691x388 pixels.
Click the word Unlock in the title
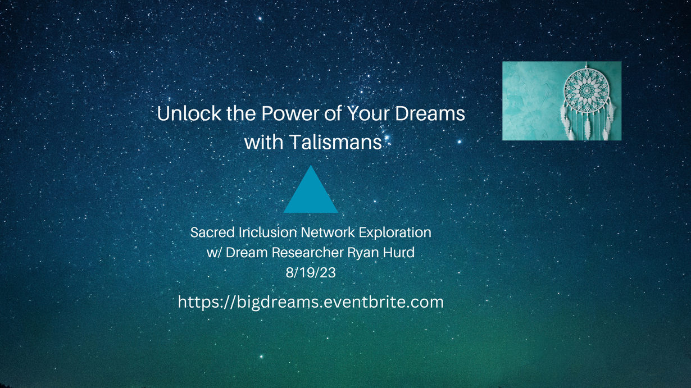(189, 113)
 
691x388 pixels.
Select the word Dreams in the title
(430, 113)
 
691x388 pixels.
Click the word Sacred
(212, 232)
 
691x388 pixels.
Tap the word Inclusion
(268, 232)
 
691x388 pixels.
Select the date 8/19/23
(311, 273)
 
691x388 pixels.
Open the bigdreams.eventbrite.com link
(311, 302)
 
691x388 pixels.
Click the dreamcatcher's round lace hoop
(587, 90)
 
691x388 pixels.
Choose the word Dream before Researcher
(247, 253)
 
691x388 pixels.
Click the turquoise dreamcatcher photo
(562, 101)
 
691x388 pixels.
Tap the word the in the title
(241, 113)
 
